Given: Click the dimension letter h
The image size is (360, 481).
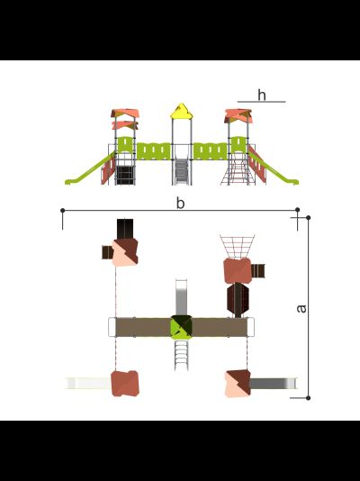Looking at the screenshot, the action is pyautogui.click(x=262, y=95).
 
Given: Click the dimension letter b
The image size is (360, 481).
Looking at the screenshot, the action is pyautogui.click(x=181, y=203).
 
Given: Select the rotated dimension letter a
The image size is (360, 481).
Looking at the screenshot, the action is pyautogui.click(x=301, y=309).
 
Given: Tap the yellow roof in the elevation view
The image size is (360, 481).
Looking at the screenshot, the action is pyautogui.click(x=182, y=111).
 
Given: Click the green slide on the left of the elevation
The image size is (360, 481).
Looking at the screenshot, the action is pyautogui.click(x=90, y=169).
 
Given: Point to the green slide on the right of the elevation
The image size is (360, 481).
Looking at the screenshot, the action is pyautogui.click(x=274, y=168).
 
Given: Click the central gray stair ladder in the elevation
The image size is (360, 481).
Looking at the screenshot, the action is pyautogui.click(x=182, y=172).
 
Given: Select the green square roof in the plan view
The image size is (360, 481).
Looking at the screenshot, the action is pyautogui.click(x=182, y=327).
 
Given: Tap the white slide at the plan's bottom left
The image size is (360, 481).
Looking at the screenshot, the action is pyautogui.click(x=88, y=384).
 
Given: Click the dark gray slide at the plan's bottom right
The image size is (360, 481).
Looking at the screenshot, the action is pyautogui.click(x=274, y=384).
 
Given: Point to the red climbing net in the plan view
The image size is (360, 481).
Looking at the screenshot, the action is pyautogui.click(x=238, y=247).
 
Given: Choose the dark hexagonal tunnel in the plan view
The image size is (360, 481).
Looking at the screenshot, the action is pyautogui.click(x=238, y=300).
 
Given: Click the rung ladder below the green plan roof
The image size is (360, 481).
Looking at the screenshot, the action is pyautogui.click(x=182, y=355).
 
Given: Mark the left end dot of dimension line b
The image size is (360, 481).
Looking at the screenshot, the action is pyautogui.click(x=63, y=211).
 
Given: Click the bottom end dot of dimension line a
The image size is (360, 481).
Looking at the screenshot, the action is pyautogui.click(x=308, y=398).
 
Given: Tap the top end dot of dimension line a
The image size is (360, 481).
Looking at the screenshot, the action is pyautogui.click(x=308, y=217).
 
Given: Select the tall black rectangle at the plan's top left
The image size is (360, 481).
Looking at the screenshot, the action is pyautogui.click(x=125, y=229).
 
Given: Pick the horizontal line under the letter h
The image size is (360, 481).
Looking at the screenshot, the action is pyautogui.click(x=261, y=102).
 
